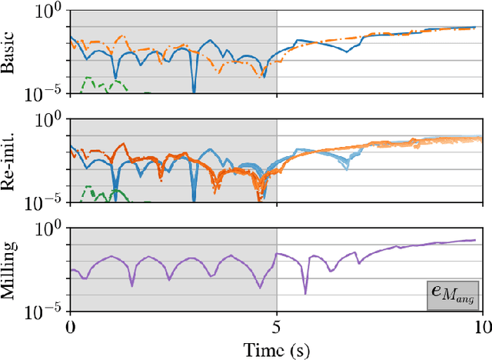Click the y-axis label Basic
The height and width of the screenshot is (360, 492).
9,53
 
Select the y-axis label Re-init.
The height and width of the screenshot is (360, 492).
9,162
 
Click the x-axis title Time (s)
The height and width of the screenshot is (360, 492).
275,348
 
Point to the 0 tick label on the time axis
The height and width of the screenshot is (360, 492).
70,327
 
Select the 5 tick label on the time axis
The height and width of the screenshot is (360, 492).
277,327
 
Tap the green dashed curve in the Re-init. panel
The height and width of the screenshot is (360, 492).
91,188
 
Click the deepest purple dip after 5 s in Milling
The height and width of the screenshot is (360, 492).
305,292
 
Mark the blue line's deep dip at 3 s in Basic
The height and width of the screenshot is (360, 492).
194,89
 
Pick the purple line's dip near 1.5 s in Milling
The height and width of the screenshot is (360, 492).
132,285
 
